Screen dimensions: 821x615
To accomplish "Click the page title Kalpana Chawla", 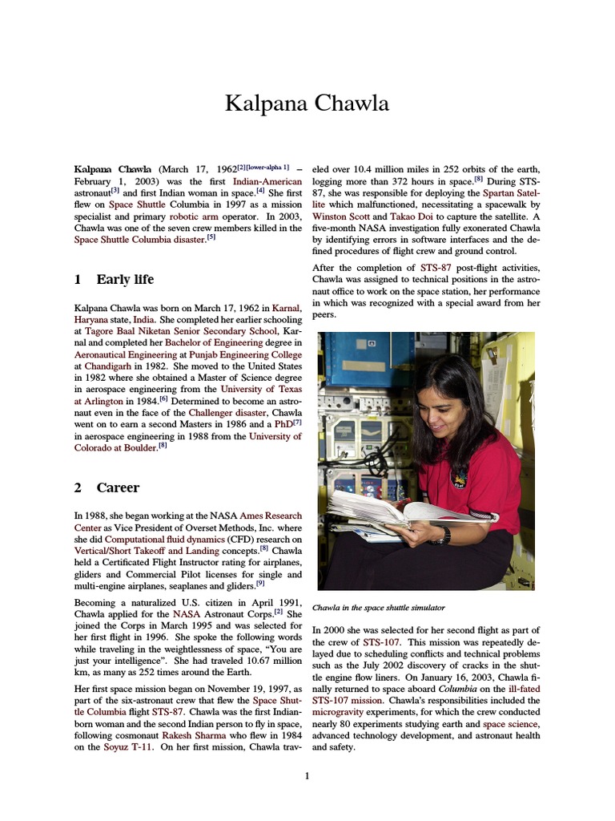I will coord(307,103).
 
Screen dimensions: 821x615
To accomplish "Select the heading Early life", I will coord(124,280).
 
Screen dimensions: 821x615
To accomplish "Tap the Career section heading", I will coord(117,487).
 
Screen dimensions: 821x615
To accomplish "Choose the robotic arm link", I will coord(196,216).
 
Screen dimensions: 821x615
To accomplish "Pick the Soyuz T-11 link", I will coord(128,746).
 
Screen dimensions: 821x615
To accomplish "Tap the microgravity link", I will coord(340,711).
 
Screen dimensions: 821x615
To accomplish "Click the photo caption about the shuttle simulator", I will coord(378,608).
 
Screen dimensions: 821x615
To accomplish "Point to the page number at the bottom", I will coord(307,776).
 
